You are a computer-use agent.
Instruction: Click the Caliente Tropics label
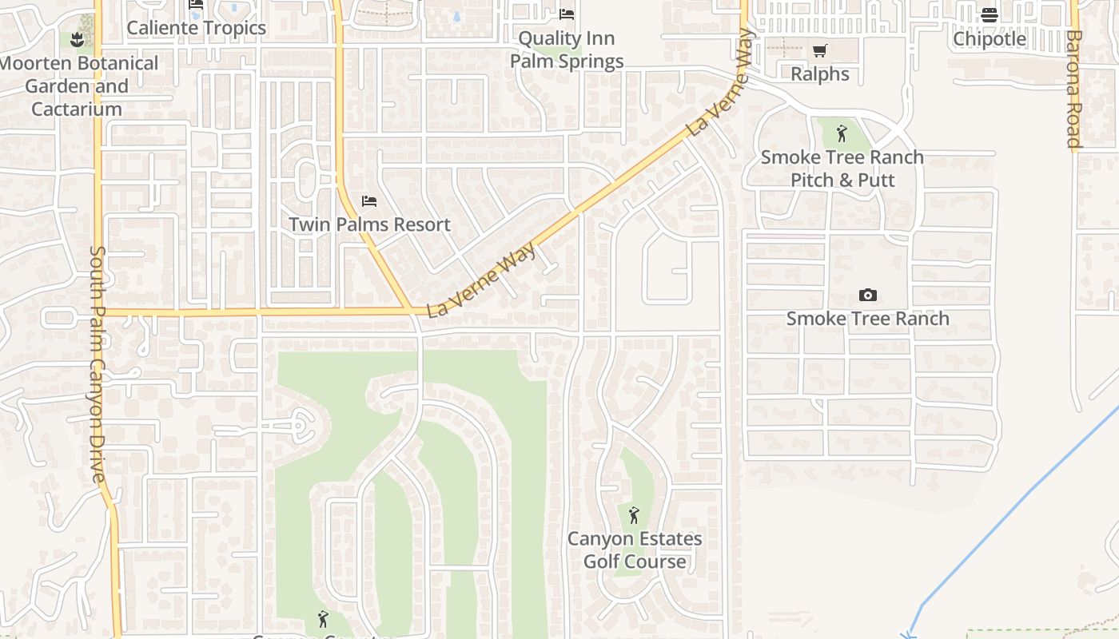[x=196, y=28]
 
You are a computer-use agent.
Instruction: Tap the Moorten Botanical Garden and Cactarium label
[x=78, y=86]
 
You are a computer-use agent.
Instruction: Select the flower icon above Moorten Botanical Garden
[x=77, y=39]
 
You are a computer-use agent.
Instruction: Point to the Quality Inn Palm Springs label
[x=567, y=50]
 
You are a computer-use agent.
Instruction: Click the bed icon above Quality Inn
[x=567, y=14]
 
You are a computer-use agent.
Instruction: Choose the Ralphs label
[x=819, y=74]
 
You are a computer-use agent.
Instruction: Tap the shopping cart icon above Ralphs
[x=819, y=51]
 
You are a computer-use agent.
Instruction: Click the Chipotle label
[x=990, y=38]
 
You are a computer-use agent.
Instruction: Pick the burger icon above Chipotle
[x=990, y=14]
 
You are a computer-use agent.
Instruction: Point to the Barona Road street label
[x=1073, y=89]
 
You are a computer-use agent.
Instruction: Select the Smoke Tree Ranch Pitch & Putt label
[x=842, y=169]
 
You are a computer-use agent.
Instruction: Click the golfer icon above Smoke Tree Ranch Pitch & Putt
[x=841, y=133]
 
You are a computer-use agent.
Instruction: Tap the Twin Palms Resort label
[x=369, y=225]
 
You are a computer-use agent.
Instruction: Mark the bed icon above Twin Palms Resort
[x=369, y=200]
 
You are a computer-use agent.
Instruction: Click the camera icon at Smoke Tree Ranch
[x=868, y=296]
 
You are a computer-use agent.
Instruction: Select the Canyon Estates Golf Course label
[x=635, y=550]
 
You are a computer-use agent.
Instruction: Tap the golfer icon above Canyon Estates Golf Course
[x=634, y=515]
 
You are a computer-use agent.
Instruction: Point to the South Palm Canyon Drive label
[x=98, y=363]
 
